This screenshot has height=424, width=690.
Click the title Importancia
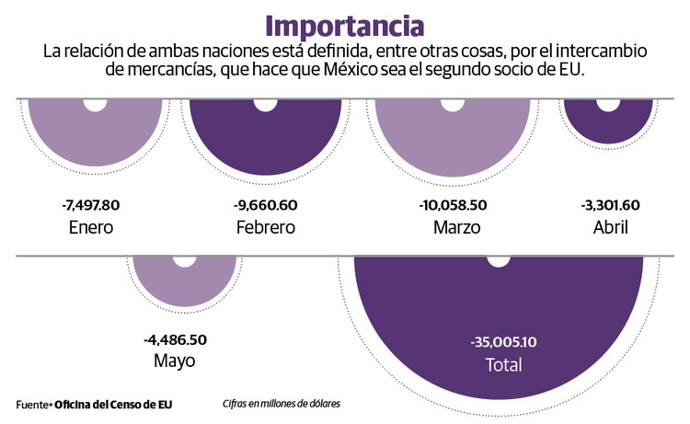pyautogui.click(x=345, y=25)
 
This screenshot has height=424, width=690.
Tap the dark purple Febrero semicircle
pyautogui.click(x=264, y=138)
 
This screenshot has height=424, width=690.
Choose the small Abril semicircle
pyautogui.click(x=609, y=124)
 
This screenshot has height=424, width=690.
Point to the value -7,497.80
pyautogui.click(x=90, y=205)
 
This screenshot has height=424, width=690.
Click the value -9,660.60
pyautogui.click(x=265, y=205)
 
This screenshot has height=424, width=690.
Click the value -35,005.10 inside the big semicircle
pyautogui.click(x=503, y=342)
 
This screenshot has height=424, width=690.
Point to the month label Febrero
pyautogui.click(x=265, y=226)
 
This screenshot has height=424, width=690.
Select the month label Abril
pyautogui.click(x=611, y=226)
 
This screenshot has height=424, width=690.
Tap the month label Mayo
pyautogui.click(x=175, y=361)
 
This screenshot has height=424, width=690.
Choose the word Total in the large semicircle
pyautogui.click(x=503, y=364)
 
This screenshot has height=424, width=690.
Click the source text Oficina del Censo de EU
pyautogui.click(x=113, y=404)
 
